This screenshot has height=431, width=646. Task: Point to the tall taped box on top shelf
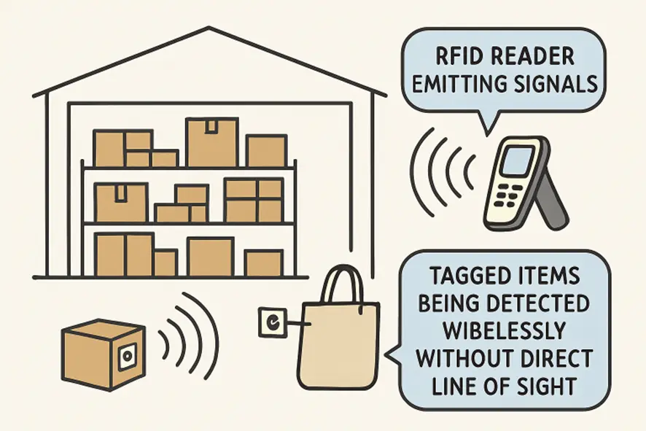click(211, 142)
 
